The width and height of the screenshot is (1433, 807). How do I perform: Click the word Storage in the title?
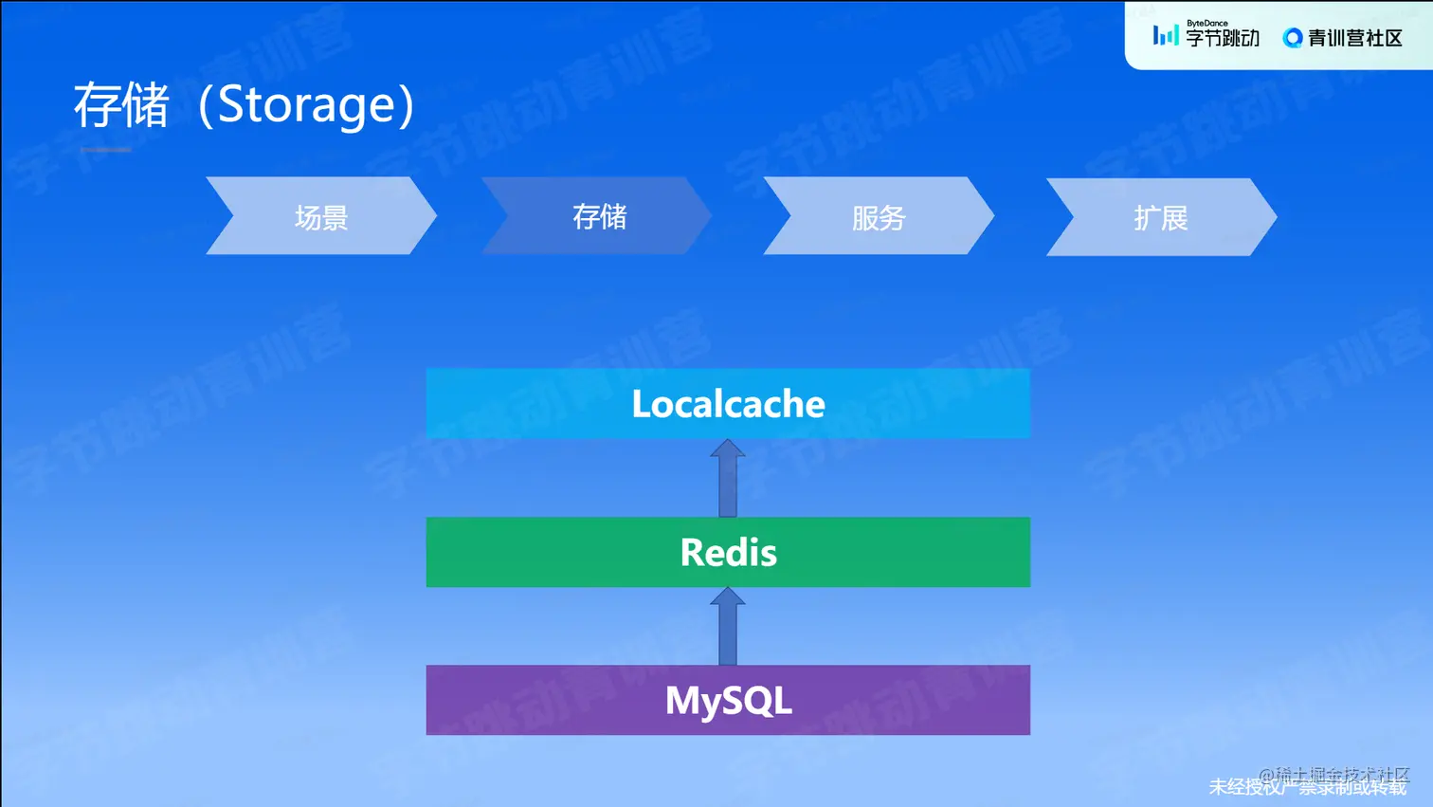tap(305, 105)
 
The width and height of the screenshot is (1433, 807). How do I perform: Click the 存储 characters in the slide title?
tap(121, 105)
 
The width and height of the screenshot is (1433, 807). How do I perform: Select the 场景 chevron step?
tap(321, 217)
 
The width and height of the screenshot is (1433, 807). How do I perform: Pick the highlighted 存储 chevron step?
tap(599, 216)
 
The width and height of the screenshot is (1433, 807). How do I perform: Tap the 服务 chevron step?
tap(879, 217)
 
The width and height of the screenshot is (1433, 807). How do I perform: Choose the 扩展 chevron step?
tap(1161, 218)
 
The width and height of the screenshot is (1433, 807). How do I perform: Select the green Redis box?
tap(531, 552)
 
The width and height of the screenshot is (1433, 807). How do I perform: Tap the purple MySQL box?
tap(531, 701)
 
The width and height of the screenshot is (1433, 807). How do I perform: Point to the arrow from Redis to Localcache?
tap(728, 478)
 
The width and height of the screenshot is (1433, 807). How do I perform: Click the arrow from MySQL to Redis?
tap(728, 627)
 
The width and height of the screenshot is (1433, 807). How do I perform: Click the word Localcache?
tap(728, 404)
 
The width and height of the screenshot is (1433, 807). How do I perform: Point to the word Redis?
tap(728, 552)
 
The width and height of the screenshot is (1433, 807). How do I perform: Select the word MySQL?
tap(728, 701)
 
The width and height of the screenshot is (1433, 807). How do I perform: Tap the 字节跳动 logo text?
tap(1223, 38)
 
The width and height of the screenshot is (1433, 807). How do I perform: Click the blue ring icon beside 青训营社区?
tap(1292, 38)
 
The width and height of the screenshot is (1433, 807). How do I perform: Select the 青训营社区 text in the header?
tap(1354, 38)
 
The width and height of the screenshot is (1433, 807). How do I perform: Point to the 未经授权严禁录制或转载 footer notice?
tap(1307, 787)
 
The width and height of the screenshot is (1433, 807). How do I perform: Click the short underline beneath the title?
tap(105, 150)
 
